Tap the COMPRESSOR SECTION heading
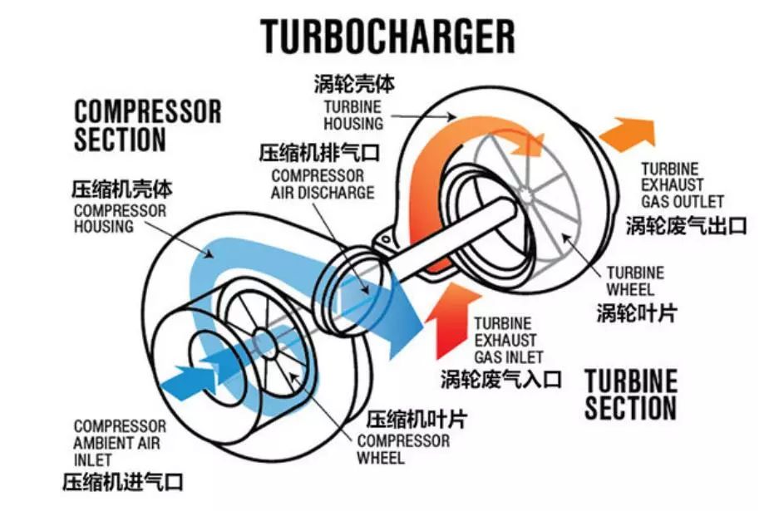point(148,125)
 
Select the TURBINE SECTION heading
point(630,395)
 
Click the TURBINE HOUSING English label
point(353,115)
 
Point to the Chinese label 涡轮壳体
point(354,84)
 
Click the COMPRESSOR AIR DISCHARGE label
point(323,184)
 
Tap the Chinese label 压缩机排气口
point(319,153)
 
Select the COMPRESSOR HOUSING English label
point(120,219)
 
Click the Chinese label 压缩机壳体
point(122,189)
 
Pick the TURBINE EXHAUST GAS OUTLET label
point(683,185)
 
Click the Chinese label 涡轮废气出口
point(686,225)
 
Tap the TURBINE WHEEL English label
point(635,281)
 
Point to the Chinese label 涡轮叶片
point(637,312)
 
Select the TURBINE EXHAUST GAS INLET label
point(509,341)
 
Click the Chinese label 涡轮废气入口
point(501,380)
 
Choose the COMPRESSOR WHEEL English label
point(403,449)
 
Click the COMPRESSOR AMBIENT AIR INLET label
point(120,443)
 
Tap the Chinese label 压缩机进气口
point(123,482)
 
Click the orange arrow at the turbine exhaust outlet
point(628,134)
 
